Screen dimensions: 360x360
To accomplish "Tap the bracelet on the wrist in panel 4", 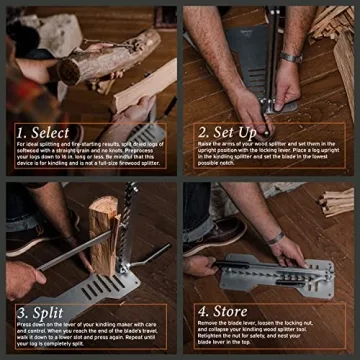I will (272, 238).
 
